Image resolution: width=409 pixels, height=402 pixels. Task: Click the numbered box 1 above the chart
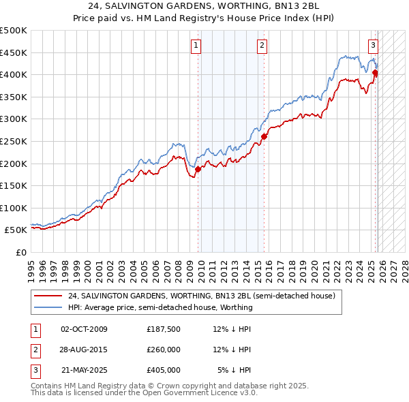coord(196,46)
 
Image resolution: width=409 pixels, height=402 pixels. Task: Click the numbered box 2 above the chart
coord(262,46)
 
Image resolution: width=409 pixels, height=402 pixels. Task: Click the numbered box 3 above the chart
coord(373,46)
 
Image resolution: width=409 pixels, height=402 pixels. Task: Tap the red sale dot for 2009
coord(198,169)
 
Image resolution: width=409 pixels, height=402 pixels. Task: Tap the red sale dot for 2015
coord(264,136)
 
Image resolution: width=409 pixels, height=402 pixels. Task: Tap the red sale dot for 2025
coord(375,72)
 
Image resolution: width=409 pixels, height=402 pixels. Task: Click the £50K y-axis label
coord(16,230)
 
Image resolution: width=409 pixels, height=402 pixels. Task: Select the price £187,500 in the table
coord(163,329)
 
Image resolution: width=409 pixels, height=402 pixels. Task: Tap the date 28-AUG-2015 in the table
coord(84,350)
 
